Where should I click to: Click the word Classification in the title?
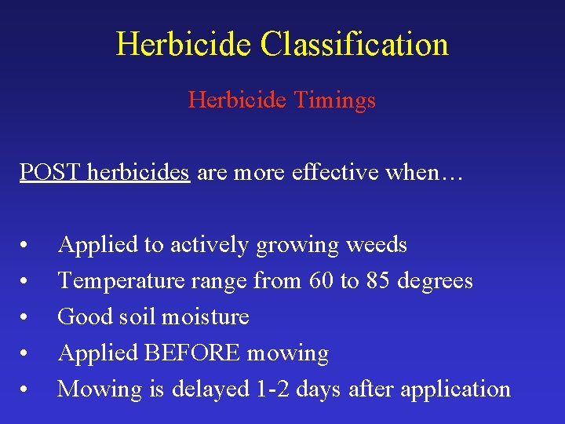point(354,44)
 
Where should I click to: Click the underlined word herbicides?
point(139,172)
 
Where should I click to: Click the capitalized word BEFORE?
point(192,353)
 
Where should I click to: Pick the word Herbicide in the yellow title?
point(184,44)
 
